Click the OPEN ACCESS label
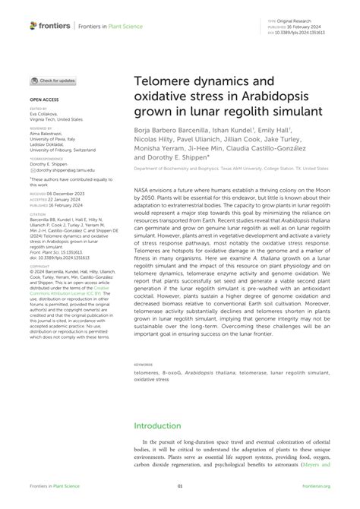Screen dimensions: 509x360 tap(46, 100)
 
